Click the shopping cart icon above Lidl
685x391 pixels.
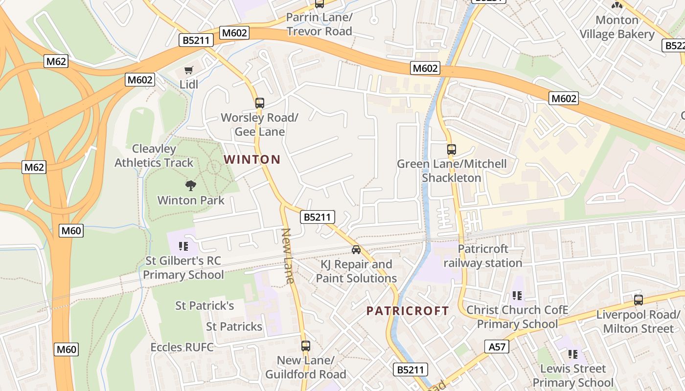tap(189, 70)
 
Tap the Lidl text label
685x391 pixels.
tap(189, 85)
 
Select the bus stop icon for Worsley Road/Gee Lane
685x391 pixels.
tap(260, 103)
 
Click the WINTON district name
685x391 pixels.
tap(252, 159)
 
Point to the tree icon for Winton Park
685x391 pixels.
tap(190, 185)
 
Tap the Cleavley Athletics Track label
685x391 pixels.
tap(154, 155)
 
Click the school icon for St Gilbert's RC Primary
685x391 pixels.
tap(183, 246)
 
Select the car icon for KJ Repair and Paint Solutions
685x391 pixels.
tap(356, 250)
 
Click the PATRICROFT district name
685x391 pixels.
tap(408, 311)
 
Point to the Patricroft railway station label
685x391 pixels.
tap(483, 256)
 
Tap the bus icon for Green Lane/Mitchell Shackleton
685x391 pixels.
tap(452, 150)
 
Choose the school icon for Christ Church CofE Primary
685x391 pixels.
tap(517, 296)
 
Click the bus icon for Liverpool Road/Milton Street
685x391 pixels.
tap(639, 300)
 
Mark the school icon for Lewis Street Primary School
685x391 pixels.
tap(573, 354)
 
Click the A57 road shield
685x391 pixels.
tap(497, 347)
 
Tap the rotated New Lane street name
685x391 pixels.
tap(288, 256)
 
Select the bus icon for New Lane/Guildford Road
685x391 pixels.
tap(306, 346)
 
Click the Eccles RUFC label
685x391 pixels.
tap(182, 348)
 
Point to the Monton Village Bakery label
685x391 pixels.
tap(617, 27)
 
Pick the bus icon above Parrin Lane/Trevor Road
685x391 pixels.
tap(320, 4)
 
